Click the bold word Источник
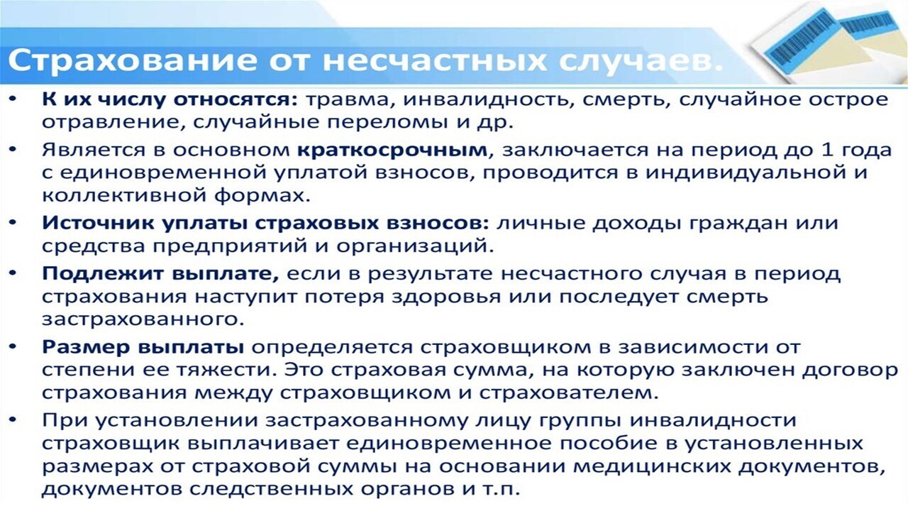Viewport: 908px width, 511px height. (98, 223)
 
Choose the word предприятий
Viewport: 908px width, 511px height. (229, 246)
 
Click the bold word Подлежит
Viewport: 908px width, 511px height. (103, 275)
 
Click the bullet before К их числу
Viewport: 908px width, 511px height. (13, 99)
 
